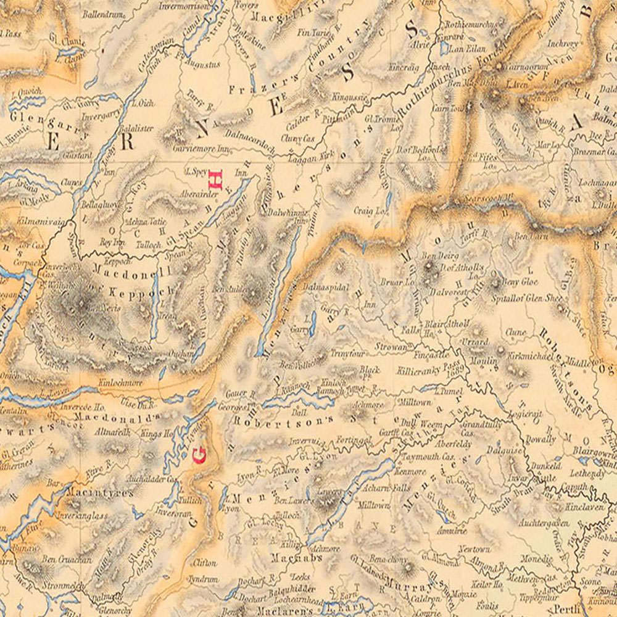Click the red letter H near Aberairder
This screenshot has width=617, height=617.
(x=215, y=179)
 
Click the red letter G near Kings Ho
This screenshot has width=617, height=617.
(x=199, y=456)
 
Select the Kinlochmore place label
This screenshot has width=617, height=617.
(x=121, y=383)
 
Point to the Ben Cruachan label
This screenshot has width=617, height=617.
(x=67, y=560)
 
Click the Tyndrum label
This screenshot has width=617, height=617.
(x=203, y=579)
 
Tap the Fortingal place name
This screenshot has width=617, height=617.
(x=354, y=439)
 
